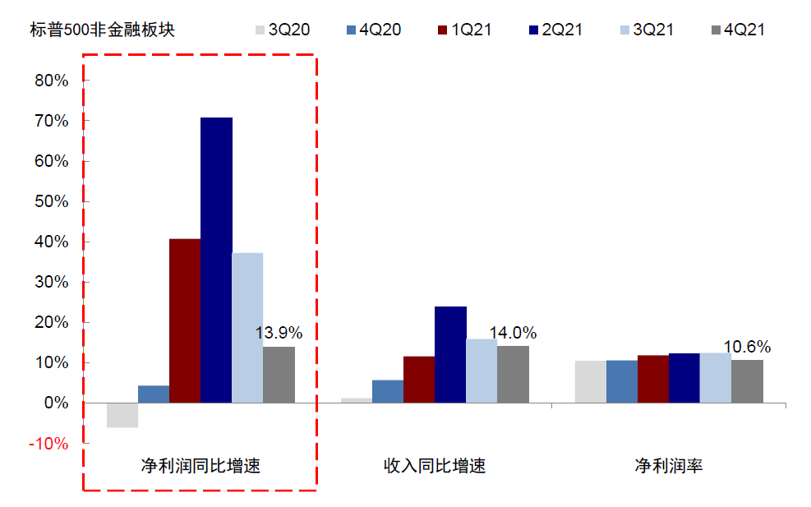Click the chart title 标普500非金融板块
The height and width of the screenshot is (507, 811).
102,30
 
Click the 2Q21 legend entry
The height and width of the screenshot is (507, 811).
554,30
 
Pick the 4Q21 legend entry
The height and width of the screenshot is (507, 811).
736,30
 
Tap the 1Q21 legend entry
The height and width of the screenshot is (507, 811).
463,30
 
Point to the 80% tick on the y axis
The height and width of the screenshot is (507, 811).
51,81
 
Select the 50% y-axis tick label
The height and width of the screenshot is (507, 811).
51,201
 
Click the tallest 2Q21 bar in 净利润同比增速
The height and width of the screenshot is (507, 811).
216,260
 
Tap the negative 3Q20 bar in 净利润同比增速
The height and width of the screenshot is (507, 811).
122,415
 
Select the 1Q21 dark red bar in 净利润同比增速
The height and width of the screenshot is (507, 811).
185,320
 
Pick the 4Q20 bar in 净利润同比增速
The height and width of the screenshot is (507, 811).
154,394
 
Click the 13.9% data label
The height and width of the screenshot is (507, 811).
279,333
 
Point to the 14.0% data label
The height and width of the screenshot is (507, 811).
513,333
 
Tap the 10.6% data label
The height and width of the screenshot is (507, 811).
747,347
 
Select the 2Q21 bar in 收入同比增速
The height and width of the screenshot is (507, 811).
450,354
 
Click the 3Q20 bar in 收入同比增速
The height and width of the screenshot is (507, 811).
357,400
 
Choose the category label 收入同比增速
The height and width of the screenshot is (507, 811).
435,466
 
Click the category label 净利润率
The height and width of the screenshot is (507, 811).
668,466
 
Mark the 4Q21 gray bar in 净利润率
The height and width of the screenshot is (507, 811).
747,381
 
